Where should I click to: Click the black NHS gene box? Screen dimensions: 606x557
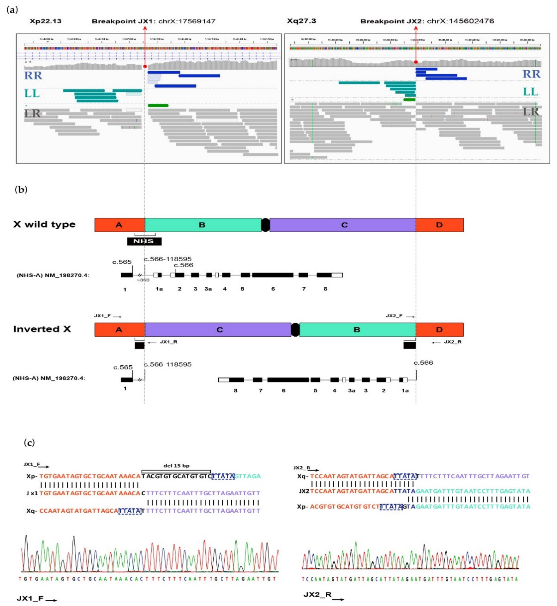pos(144,241)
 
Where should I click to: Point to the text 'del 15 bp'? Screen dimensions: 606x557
pos(176,466)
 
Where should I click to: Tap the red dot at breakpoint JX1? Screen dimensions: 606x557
pos(145,66)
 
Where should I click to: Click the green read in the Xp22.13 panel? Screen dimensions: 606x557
pos(158,106)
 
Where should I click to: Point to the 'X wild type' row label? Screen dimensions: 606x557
pos(44,225)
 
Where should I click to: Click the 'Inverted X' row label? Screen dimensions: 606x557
pos(42,329)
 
